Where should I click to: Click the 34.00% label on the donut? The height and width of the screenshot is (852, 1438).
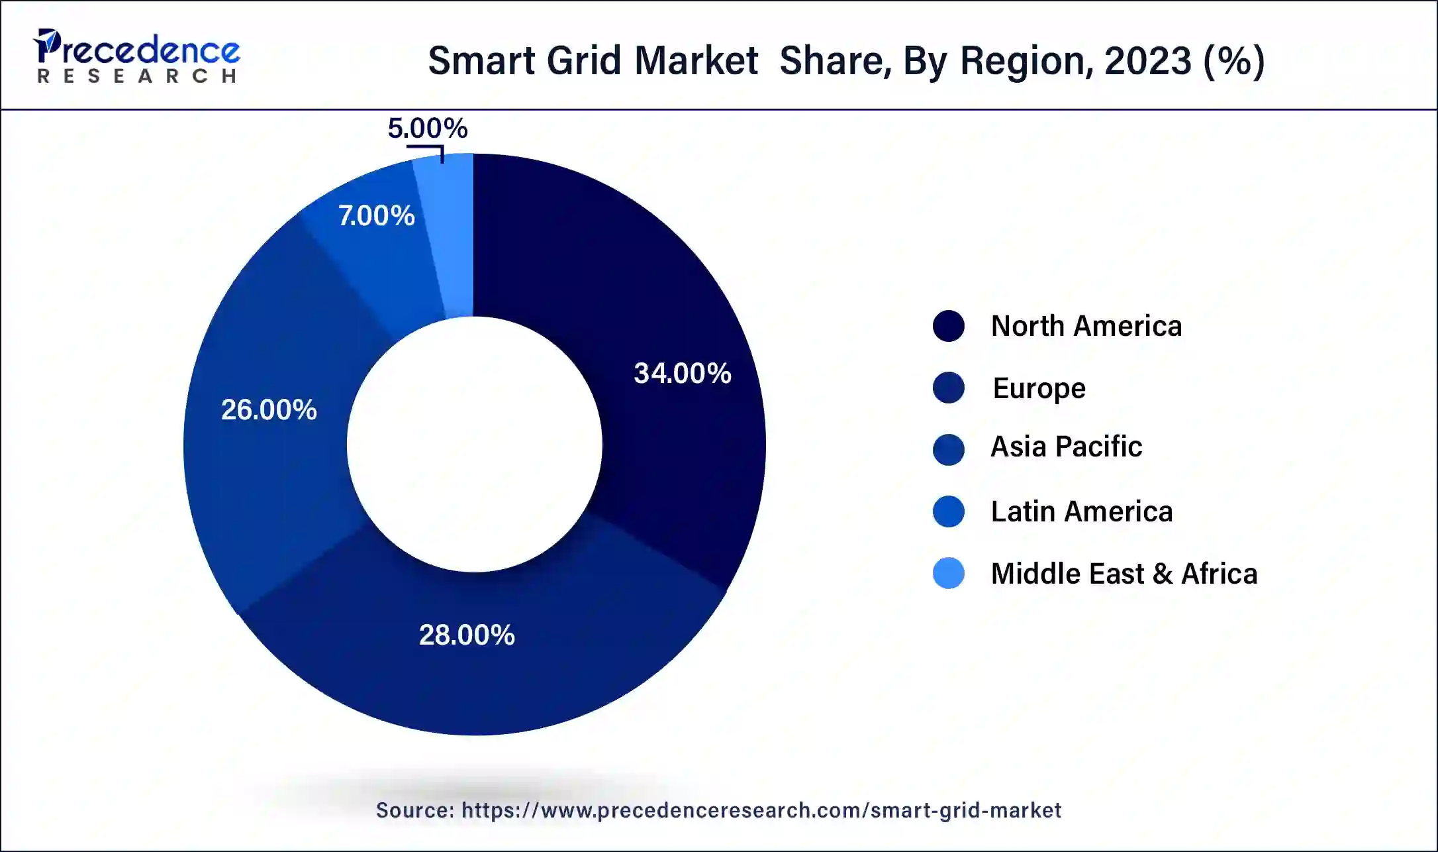pyautogui.click(x=682, y=373)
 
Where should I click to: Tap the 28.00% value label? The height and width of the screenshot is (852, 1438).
pyautogui.click(x=467, y=635)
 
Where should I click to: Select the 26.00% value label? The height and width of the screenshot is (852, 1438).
pyautogui.click(x=269, y=409)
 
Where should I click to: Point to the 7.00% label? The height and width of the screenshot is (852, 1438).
pyautogui.click(x=376, y=215)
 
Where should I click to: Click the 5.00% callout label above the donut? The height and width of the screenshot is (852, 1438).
pyautogui.click(x=427, y=128)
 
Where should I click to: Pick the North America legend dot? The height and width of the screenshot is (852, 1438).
pyautogui.click(x=948, y=326)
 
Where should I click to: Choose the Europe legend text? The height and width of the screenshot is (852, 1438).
pyautogui.click(x=1039, y=388)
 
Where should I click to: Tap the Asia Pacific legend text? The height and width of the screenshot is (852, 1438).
pyautogui.click(x=1066, y=447)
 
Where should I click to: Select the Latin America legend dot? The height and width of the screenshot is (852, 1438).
pyautogui.click(x=948, y=511)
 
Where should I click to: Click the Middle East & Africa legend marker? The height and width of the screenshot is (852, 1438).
pyautogui.click(x=948, y=573)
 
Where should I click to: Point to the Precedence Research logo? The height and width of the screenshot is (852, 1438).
pyautogui.click(x=136, y=56)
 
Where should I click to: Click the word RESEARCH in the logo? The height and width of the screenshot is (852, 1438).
pyautogui.click(x=136, y=76)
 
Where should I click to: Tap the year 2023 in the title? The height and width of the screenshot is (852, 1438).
pyautogui.click(x=1147, y=61)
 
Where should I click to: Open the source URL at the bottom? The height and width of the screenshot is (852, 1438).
pyautogui.click(x=761, y=810)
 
